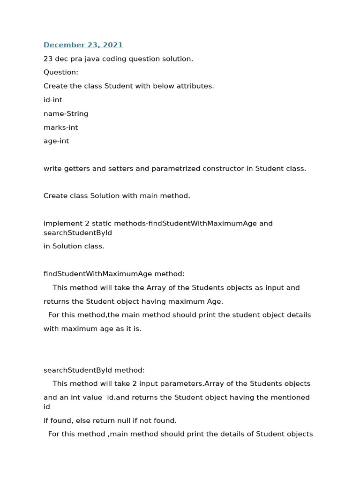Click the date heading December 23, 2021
point(83,45)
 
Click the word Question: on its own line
point(61,72)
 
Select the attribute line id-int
point(53,100)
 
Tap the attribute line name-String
point(66,113)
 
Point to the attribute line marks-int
point(61,127)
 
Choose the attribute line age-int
point(56,141)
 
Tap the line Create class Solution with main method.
point(117,196)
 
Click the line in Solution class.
point(74,246)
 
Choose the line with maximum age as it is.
point(92,329)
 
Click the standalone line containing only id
point(47,407)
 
